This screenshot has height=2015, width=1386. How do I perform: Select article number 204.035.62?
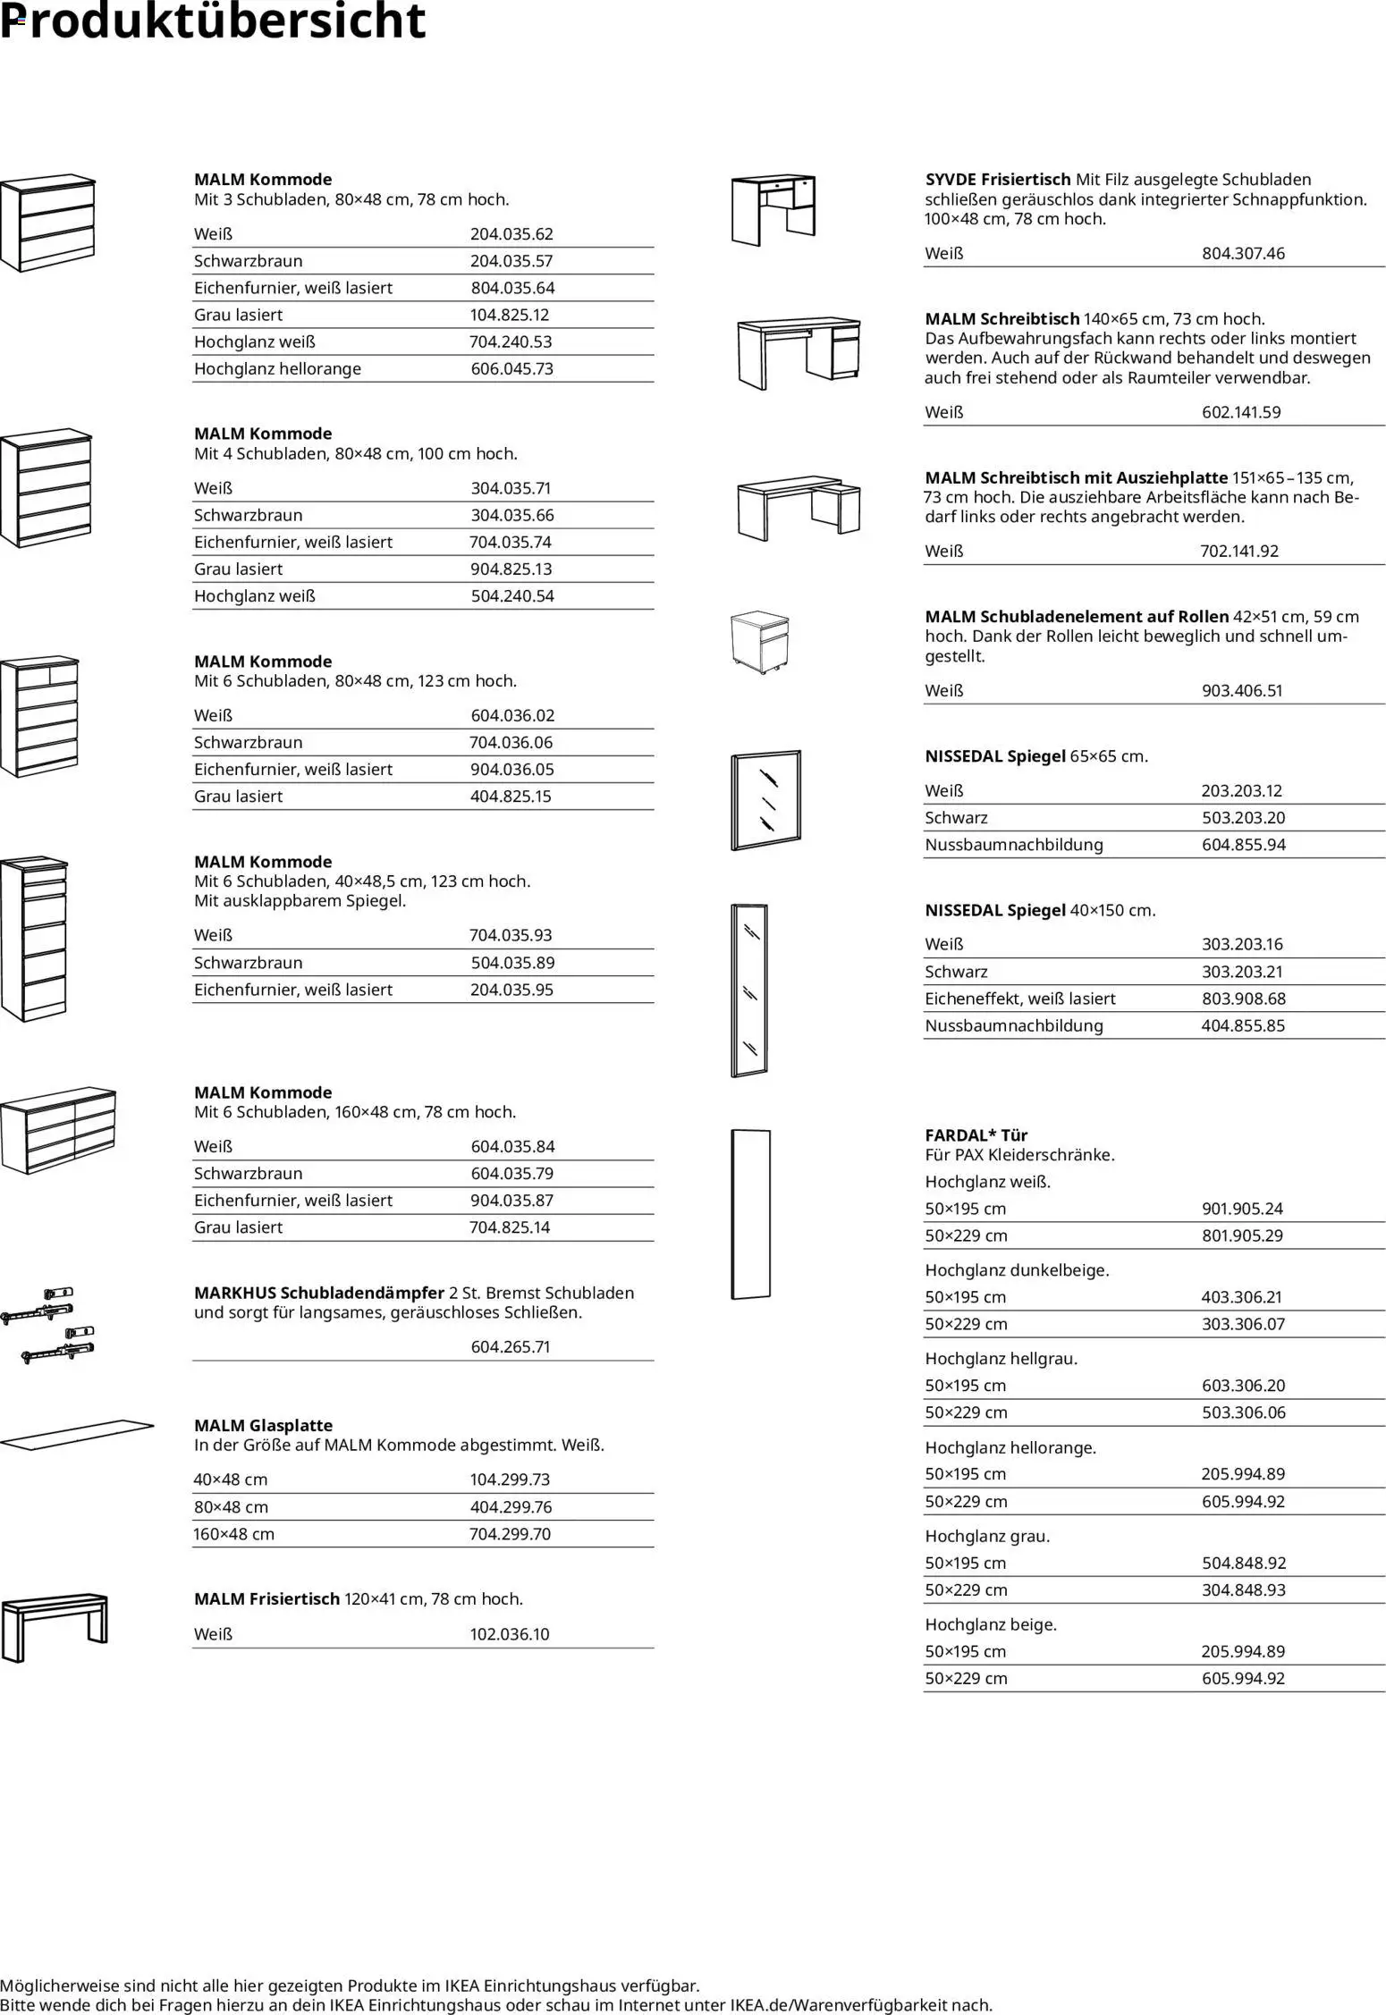pyautogui.click(x=511, y=234)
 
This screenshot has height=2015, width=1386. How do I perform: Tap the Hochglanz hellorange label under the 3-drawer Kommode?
pyautogui.click(x=277, y=368)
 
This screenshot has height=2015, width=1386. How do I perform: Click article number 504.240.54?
pyautogui.click(x=512, y=596)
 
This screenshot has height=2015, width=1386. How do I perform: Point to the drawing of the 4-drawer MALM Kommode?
pyautogui.click(x=46, y=488)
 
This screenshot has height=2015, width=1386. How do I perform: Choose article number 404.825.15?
pyautogui.click(x=511, y=797)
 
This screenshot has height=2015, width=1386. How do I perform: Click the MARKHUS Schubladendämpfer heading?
pyautogui.click(x=319, y=1293)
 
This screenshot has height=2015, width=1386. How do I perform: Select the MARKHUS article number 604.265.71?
pyautogui.click(x=511, y=1346)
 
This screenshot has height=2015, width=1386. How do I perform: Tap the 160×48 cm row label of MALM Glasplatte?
pyautogui.click(x=234, y=1534)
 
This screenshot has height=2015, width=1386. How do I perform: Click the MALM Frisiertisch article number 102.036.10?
pyautogui.click(x=510, y=1634)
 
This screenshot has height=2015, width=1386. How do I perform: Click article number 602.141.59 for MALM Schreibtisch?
pyautogui.click(x=1241, y=412)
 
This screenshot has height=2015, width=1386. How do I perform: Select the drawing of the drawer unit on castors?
pyautogui.click(x=760, y=643)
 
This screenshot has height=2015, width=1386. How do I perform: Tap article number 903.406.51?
pyautogui.click(x=1242, y=690)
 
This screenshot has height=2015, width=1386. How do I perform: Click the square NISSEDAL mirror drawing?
pyautogui.click(x=766, y=800)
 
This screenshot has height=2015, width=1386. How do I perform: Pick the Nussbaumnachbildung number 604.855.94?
pyautogui.click(x=1243, y=845)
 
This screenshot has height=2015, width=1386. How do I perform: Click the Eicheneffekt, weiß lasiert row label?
pyautogui.click(x=1020, y=999)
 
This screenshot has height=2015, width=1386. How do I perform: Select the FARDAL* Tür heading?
pyautogui.click(x=976, y=1135)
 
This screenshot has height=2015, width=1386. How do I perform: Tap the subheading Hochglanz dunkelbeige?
pyautogui.click(x=1017, y=1269)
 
